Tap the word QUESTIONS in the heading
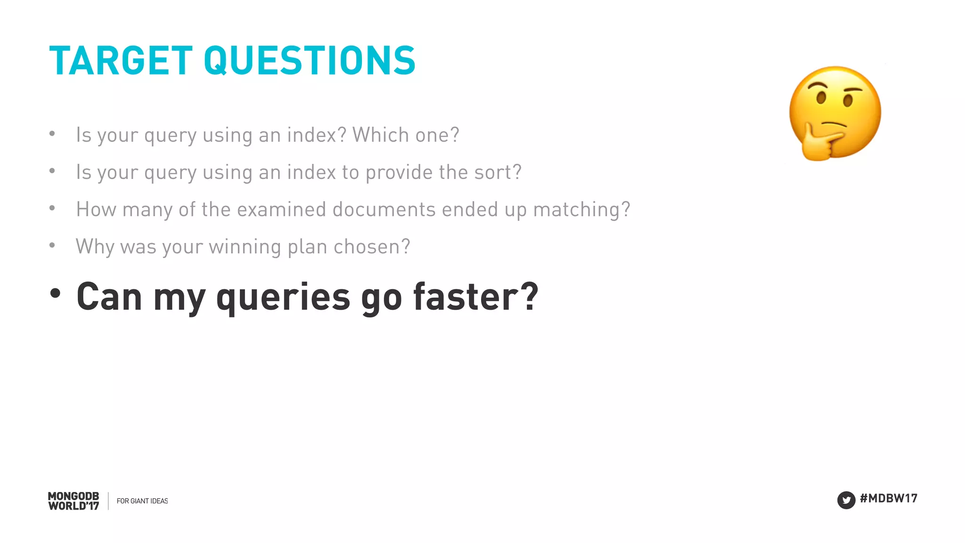click(x=310, y=61)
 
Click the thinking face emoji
click(x=834, y=113)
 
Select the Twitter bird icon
click(x=846, y=500)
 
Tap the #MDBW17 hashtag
click(x=888, y=498)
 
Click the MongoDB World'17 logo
click(x=74, y=501)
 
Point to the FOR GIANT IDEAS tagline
click(x=142, y=501)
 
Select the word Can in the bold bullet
click(x=109, y=297)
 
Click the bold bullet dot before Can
click(x=55, y=293)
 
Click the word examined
click(x=281, y=210)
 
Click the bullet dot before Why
click(x=52, y=245)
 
